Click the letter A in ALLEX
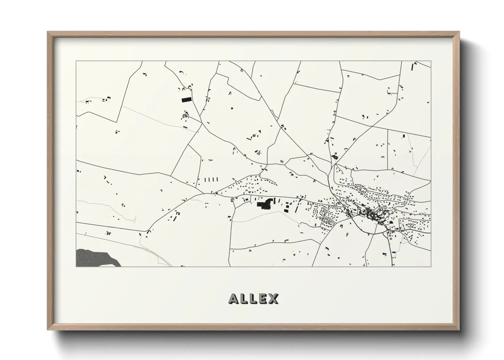(x=234, y=299)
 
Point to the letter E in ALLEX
(x=263, y=299)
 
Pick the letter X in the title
(x=273, y=299)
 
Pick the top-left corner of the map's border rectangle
(x=76, y=61)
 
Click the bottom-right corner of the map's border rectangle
(x=431, y=266)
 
